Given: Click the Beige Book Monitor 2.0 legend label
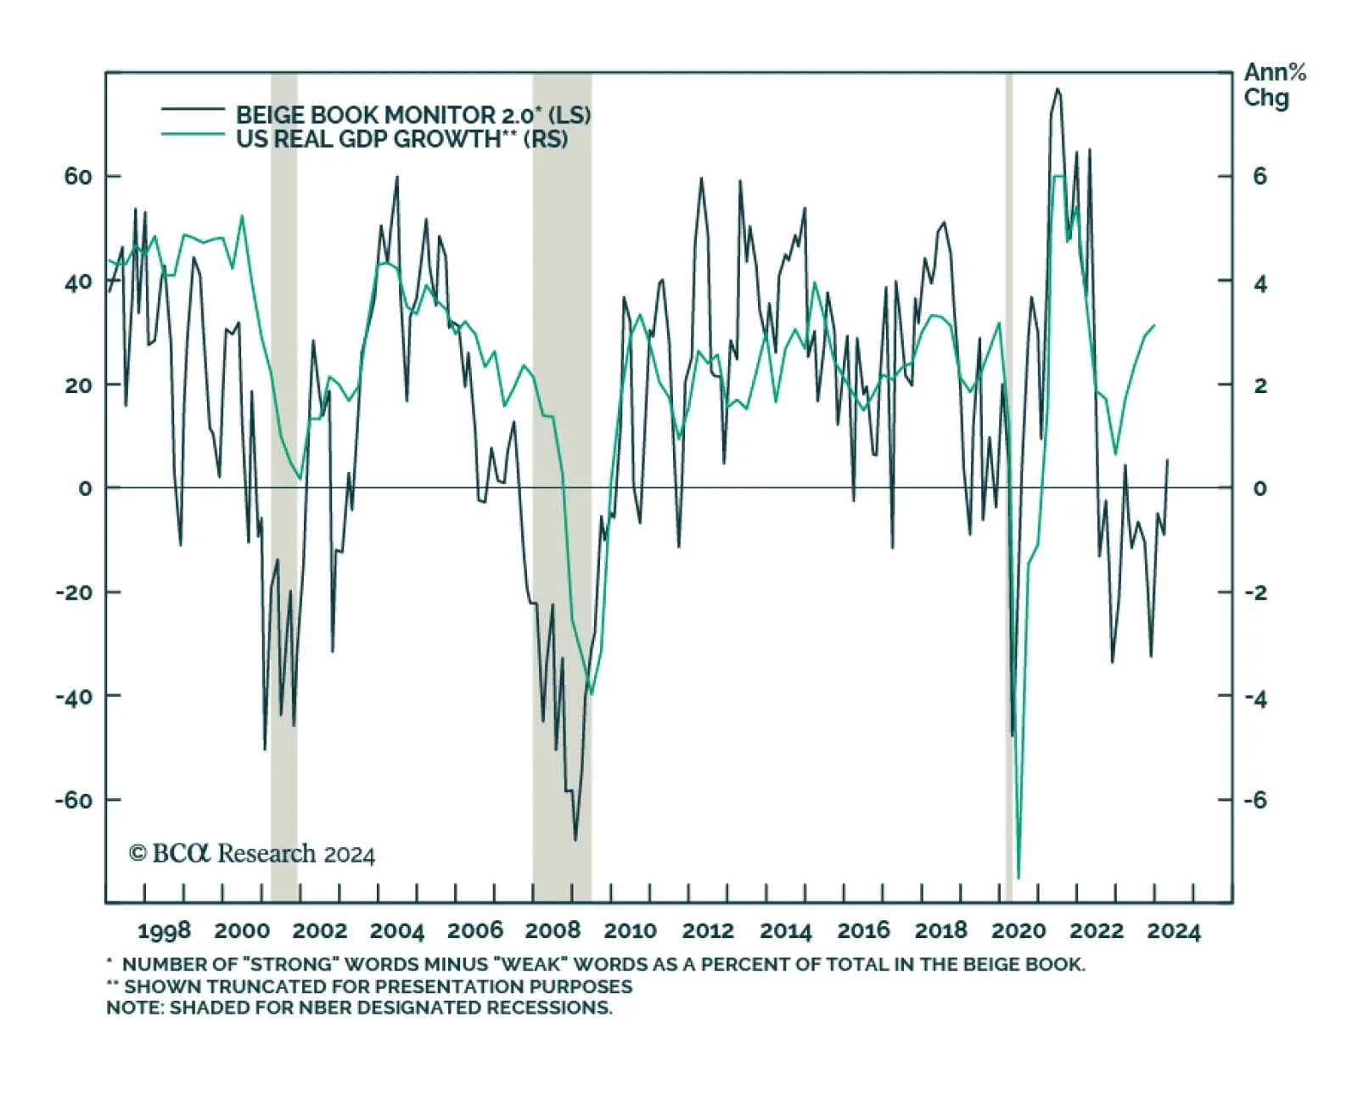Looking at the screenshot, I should pos(412,115).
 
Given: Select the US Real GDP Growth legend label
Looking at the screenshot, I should pos(401,139).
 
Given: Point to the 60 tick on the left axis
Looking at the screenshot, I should pos(78,177).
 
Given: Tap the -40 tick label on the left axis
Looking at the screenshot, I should pos(75,696).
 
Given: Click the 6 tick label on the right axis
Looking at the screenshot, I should pos(1260,177).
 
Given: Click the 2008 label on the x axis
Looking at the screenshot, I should pos(553,930).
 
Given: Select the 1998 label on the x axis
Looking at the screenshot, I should pos(164,930).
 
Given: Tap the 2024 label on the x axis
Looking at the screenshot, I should pos(1174,930).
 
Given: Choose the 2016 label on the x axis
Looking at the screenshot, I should pos(863,930).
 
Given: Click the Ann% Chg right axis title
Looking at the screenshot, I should pos(1273,85).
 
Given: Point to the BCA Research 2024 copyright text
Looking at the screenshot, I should pos(252,853).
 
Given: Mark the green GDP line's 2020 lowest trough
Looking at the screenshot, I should pos(1018,878).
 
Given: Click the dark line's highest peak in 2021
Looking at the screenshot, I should pos(1057,89).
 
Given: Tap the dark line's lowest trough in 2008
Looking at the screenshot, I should pos(575,840).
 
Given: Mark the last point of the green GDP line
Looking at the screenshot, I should pos(1154,325).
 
